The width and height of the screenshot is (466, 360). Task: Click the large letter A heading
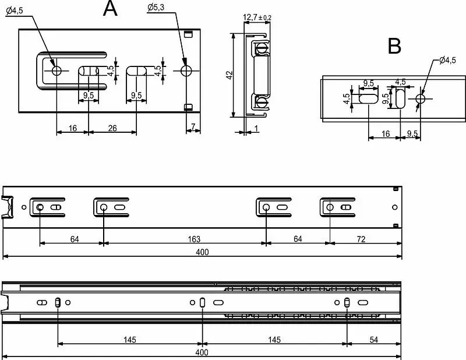110,8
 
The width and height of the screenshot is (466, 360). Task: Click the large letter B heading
394,46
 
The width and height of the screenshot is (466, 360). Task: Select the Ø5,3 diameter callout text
156,8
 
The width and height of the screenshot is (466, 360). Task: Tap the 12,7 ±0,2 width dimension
257,17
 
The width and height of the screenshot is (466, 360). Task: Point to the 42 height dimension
230,75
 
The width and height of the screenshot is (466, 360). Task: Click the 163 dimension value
194,239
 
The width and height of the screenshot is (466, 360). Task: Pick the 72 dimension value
361,239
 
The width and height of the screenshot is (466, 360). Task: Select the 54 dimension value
374,340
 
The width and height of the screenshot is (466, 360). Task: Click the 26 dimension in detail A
112,128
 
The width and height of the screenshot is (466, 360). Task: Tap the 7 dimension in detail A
193,127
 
